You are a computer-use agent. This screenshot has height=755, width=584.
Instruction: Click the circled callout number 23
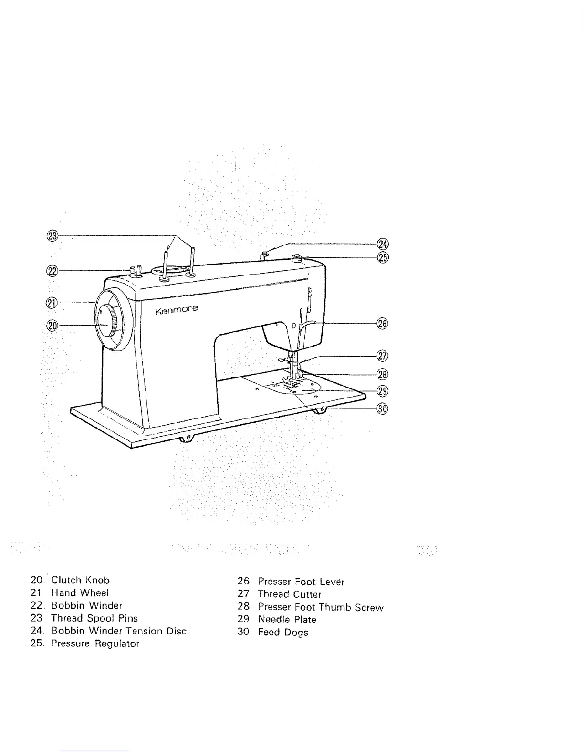point(52,235)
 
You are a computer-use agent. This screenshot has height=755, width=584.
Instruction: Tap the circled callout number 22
point(52,271)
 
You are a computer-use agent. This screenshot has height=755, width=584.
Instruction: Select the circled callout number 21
point(52,302)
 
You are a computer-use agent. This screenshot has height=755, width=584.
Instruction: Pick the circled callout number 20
point(52,325)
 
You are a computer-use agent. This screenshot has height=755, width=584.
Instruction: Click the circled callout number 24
point(383,244)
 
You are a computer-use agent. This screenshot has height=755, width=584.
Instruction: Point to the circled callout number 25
point(383,257)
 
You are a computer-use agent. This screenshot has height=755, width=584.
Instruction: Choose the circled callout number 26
point(383,324)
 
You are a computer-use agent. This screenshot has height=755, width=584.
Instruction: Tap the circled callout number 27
point(383,356)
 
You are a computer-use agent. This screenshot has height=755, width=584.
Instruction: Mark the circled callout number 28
point(383,374)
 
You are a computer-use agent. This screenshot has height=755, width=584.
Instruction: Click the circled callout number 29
point(383,391)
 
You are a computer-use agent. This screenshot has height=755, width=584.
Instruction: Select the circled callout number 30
point(383,408)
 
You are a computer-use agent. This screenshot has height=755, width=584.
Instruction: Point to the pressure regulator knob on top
point(298,259)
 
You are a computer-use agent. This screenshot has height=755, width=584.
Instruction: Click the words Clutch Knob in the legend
point(80,581)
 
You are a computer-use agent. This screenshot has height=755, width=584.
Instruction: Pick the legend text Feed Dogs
point(283,633)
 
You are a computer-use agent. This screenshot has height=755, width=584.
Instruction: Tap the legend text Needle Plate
point(287,620)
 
